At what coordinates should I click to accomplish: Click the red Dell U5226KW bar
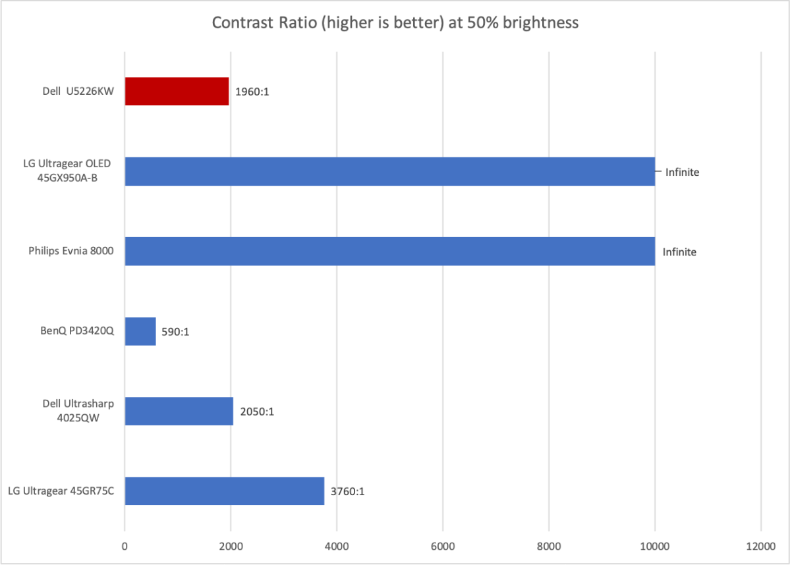(177, 92)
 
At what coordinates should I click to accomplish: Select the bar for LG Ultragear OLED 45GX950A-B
(389, 171)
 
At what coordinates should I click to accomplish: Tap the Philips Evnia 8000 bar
(389, 252)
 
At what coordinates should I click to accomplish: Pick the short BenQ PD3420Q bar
(140, 331)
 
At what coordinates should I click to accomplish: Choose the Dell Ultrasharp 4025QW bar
(179, 411)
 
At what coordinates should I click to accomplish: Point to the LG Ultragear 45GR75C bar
(224, 491)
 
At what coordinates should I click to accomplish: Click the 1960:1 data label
(252, 92)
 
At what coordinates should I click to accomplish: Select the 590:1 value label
(176, 332)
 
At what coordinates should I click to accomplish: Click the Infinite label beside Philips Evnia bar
(679, 252)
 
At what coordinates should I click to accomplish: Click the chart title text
(395, 23)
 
